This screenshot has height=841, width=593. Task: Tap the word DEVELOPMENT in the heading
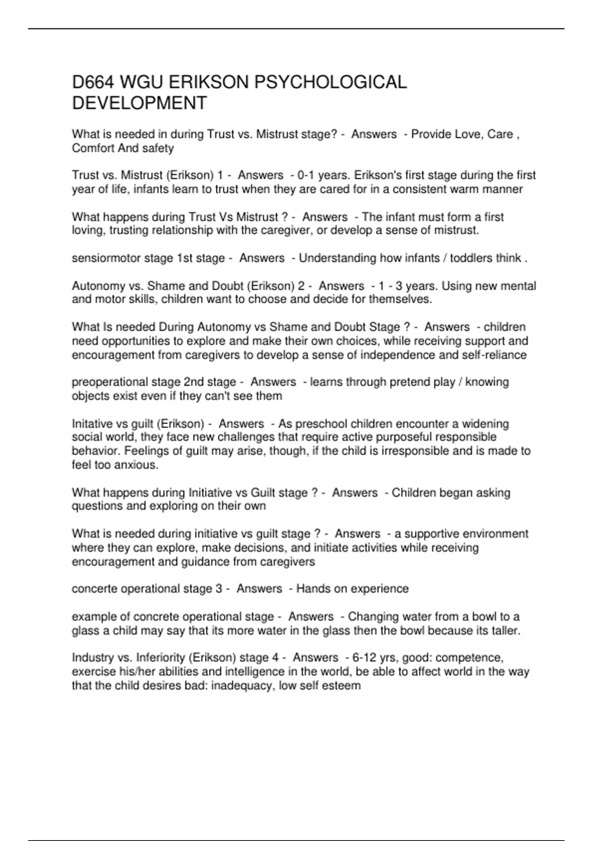[x=139, y=103]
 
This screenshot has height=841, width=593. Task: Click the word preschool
[x=321, y=424]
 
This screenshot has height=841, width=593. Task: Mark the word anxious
[x=136, y=465]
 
